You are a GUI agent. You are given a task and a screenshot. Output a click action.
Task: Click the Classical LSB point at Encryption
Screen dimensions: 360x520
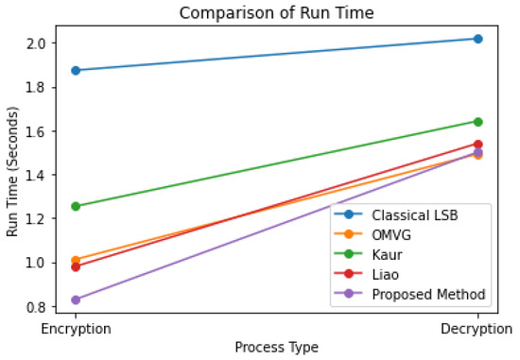click(x=75, y=70)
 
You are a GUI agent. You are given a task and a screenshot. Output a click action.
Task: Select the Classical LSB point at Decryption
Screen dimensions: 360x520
click(x=477, y=39)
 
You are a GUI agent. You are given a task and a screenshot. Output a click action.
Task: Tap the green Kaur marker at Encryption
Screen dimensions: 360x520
click(x=75, y=206)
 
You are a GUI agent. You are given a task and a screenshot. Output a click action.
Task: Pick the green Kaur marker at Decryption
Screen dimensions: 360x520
click(x=477, y=121)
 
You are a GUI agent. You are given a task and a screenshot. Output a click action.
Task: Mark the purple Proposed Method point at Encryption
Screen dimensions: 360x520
click(x=75, y=300)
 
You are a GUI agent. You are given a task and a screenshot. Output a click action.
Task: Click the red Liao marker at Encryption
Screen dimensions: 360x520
click(x=75, y=266)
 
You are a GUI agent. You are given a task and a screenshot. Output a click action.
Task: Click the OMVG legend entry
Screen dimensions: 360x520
click(x=397, y=236)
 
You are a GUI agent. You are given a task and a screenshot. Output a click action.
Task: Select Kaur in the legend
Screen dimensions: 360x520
click(x=393, y=255)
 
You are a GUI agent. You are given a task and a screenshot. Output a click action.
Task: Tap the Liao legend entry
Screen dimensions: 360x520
click(x=393, y=274)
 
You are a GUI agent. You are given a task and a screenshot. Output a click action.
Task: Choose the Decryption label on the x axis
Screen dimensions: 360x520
click(x=477, y=330)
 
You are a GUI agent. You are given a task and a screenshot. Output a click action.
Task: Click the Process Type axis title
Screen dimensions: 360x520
click(x=276, y=347)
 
